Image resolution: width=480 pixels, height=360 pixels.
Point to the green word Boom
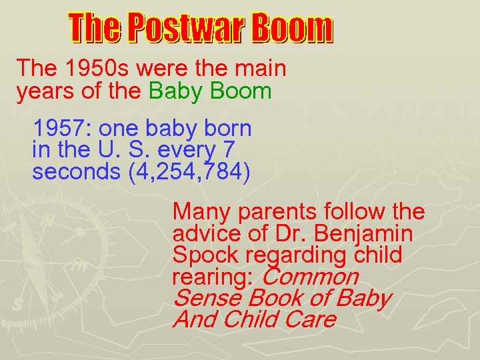pyautogui.click(x=241, y=91)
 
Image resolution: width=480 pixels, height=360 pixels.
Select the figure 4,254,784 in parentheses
pyautogui.click(x=189, y=171)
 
